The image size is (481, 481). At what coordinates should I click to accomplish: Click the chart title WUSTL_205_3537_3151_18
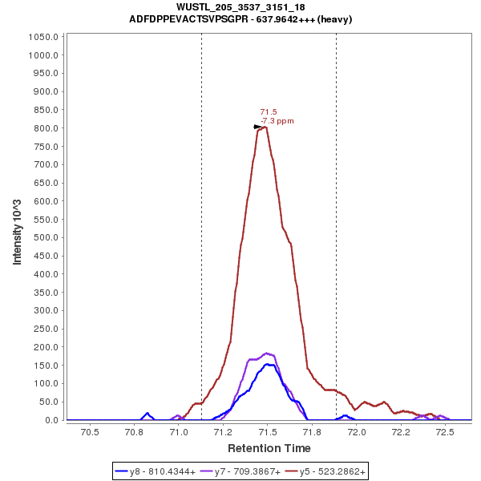240,7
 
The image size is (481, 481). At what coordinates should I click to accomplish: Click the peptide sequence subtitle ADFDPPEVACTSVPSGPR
240,18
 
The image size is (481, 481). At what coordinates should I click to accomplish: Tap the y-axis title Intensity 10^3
17,228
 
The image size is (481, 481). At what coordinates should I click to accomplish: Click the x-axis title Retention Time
269,448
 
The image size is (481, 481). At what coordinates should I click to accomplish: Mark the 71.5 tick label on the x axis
269,432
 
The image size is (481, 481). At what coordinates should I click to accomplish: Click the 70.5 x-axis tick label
90,432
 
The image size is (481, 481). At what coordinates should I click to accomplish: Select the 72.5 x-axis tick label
446,432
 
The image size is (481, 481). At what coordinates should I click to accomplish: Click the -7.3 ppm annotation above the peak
277,121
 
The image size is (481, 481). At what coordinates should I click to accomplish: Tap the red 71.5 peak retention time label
269,112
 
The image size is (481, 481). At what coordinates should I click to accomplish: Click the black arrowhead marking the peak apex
257,127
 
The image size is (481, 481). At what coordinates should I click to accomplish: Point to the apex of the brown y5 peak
264,127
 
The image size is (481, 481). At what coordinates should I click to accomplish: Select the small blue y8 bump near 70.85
148,414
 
